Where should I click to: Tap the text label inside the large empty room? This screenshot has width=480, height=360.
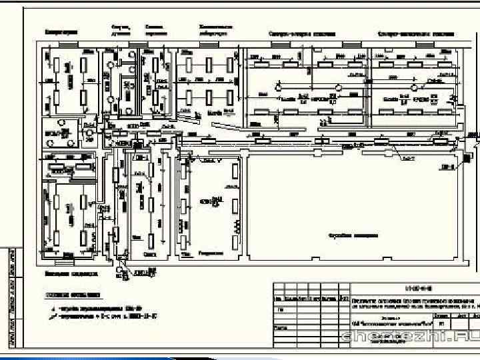click(353, 235)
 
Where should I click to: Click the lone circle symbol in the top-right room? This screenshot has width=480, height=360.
click(415, 87)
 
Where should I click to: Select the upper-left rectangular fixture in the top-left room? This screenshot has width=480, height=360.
click(57, 65)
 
